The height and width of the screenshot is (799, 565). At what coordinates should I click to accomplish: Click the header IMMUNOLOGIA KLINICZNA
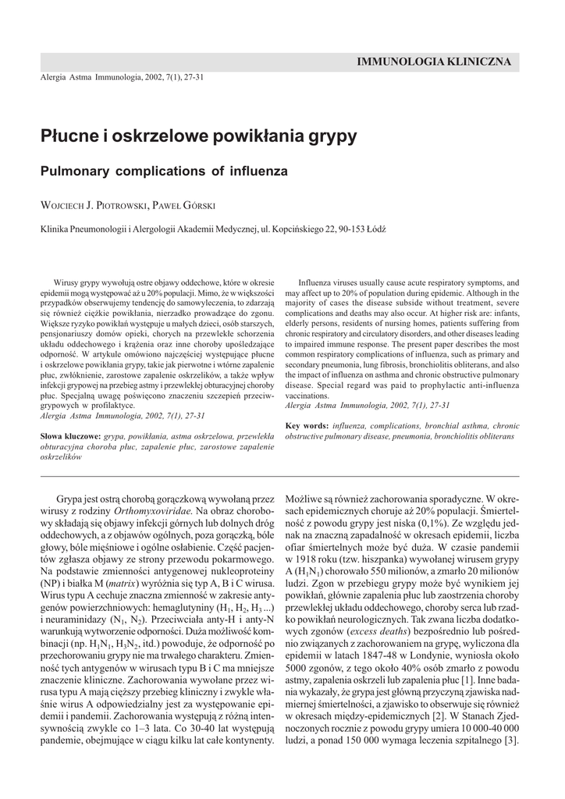coord(433,61)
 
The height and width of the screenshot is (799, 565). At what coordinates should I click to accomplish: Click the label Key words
coord(307,425)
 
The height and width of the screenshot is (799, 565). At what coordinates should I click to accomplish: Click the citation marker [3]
coord(511,740)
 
